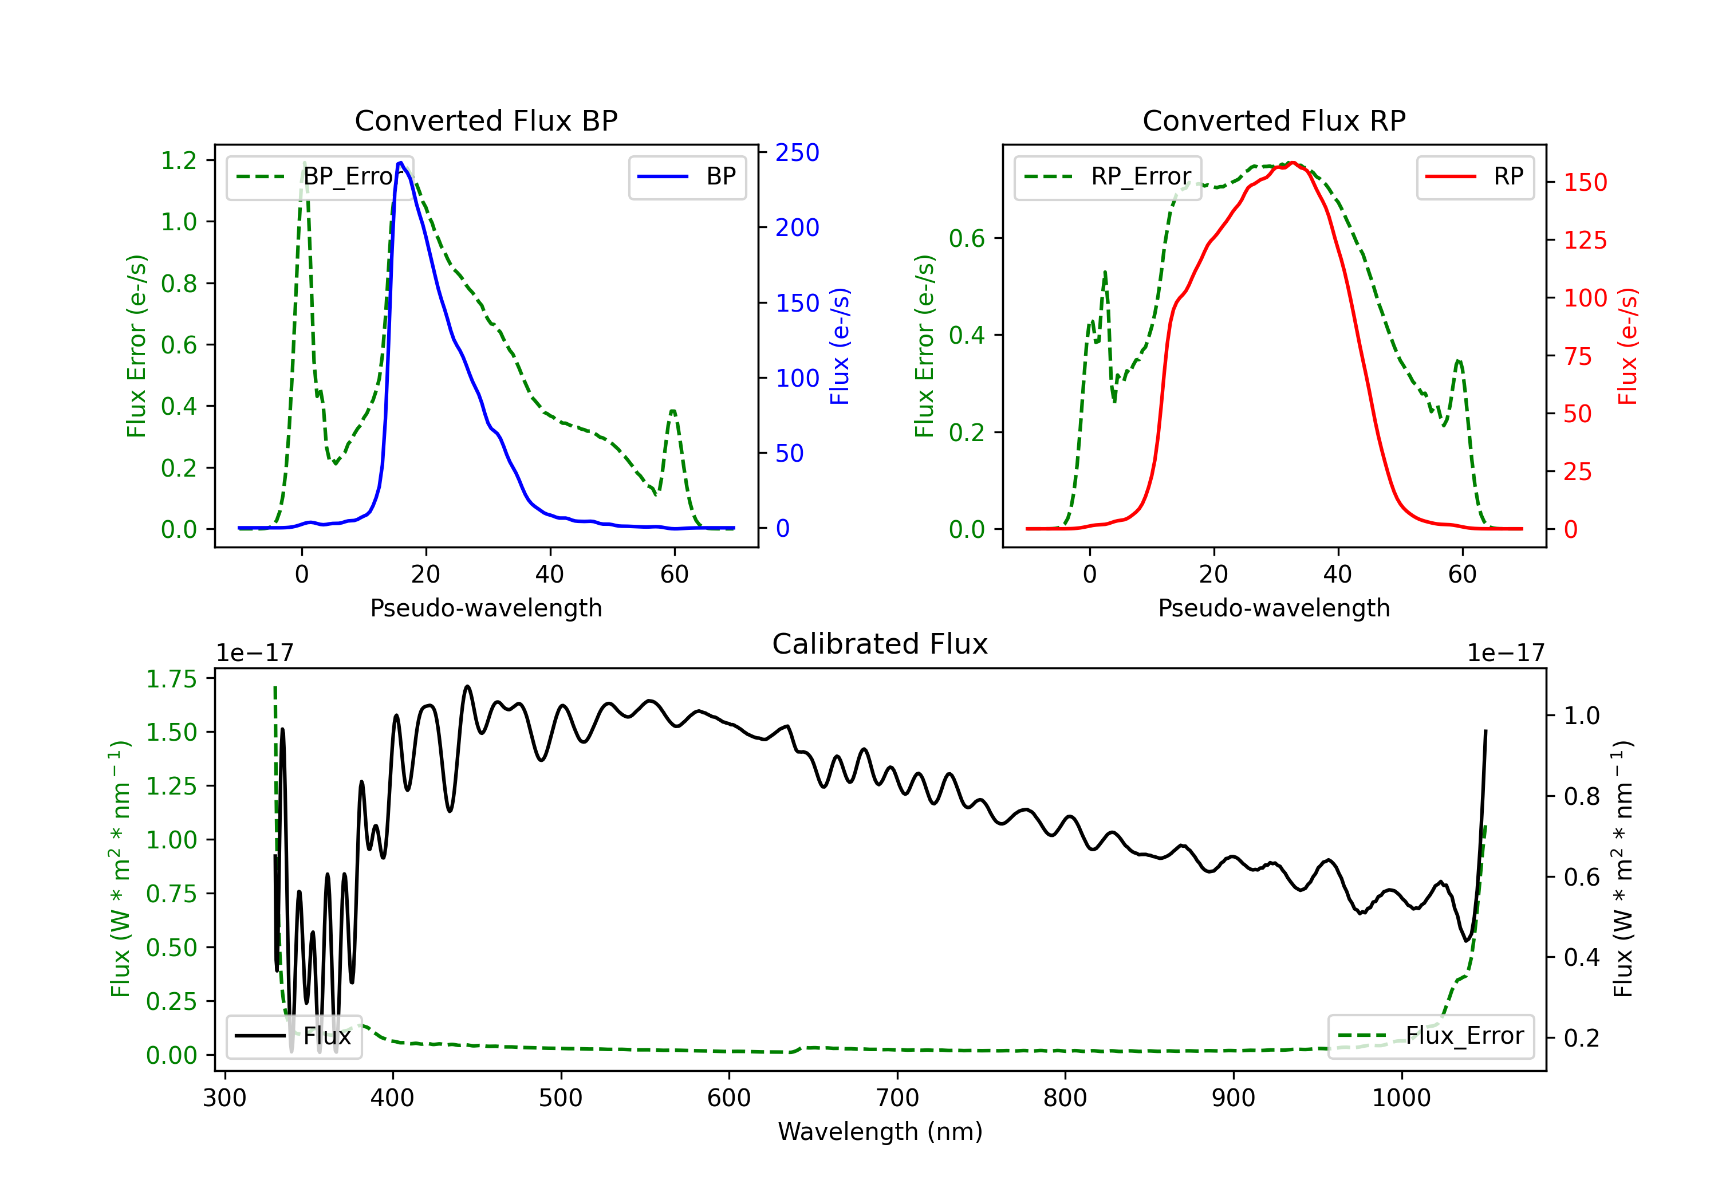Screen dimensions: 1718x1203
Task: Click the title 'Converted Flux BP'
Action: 486,120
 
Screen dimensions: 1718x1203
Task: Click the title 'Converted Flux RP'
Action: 1274,120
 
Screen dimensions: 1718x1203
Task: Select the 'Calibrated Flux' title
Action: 880,644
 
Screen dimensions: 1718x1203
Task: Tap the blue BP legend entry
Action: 687,176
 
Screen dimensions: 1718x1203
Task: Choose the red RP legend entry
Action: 1475,176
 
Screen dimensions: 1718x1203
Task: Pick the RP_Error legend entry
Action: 1108,176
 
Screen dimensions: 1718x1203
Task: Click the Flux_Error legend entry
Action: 1431,1036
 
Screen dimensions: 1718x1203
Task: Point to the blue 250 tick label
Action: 797,153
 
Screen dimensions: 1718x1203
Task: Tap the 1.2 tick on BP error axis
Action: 179,160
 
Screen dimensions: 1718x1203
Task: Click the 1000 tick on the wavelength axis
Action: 1401,1098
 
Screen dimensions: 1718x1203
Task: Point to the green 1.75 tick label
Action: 171,679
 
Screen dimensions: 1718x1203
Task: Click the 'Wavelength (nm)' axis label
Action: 880,1131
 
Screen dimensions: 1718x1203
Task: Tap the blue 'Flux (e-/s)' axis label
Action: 840,346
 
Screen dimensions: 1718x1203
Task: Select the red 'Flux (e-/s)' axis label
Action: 1628,346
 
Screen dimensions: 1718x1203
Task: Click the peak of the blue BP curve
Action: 401,163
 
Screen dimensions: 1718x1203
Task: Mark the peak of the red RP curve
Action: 1291,163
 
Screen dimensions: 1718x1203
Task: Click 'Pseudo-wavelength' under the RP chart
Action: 1274,608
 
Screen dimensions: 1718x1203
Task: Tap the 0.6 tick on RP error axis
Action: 967,238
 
